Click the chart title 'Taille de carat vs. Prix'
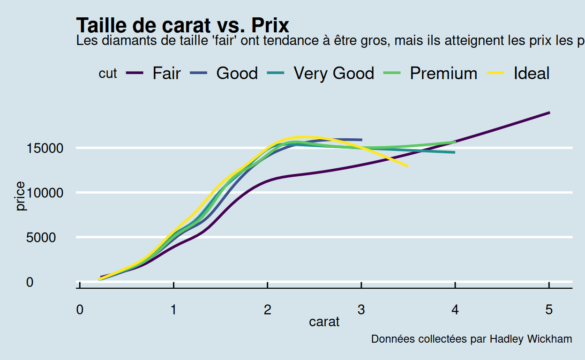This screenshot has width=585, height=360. click(182, 25)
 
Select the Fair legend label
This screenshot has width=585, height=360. click(166, 74)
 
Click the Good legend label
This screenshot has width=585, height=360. click(237, 74)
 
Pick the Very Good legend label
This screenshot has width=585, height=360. click(334, 74)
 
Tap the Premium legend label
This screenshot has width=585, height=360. click(443, 74)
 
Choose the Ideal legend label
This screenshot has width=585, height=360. click(532, 74)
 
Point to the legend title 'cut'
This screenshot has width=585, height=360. click(108, 74)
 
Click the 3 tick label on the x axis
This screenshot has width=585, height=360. click(361, 310)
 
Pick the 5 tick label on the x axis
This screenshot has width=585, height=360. click(549, 310)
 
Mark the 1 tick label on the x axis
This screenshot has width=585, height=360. click(173, 310)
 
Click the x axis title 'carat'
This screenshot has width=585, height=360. click(324, 322)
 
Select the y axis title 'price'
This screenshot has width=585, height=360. click(20, 197)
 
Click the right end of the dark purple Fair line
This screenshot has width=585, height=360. click(549, 112)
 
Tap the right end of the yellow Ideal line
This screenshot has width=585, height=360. click(407, 166)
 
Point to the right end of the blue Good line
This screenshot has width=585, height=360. click(361, 140)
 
